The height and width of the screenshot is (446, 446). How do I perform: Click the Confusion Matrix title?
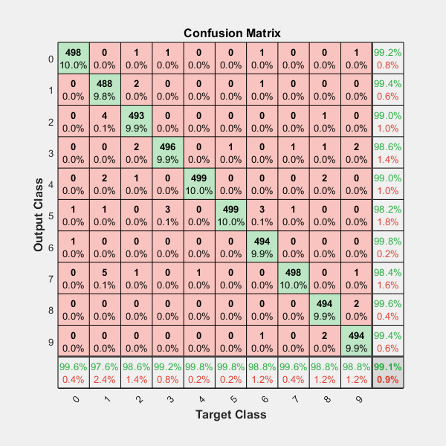pyautogui.click(x=231, y=33)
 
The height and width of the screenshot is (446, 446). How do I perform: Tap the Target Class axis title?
pyautogui.click(x=230, y=413)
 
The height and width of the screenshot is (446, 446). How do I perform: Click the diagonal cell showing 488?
pyautogui.click(x=104, y=90)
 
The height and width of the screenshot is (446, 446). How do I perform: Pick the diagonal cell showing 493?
pyautogui.click(x=136, y=121)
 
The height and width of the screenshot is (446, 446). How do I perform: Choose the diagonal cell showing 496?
pyautogui.click(x=167, y=152)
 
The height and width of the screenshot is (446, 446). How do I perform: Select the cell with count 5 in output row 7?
pyautogui.click(x=104, y=278)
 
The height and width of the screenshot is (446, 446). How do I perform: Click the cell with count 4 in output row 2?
pyautogui.click(x=104, y=121)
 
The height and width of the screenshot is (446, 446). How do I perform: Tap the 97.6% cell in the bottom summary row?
pyautogui.click(x=104, y=372)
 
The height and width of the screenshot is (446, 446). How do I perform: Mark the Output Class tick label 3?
pyautogui.click(x=51, y=153)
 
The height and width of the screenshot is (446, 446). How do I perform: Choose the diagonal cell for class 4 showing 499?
pyautogui.click(x=198, y=184)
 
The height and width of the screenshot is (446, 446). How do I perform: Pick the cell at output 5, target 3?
pyautogui.click(x=167, y=216)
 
